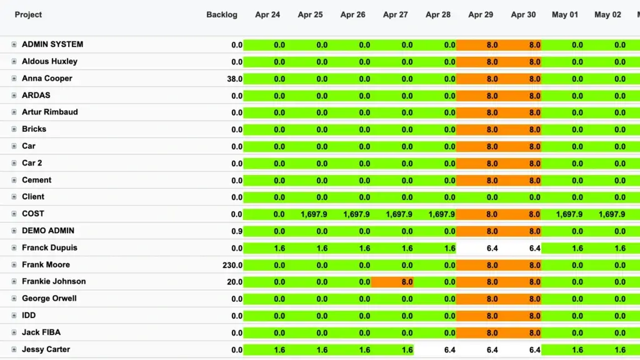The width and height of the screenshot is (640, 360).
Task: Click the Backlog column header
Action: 221,15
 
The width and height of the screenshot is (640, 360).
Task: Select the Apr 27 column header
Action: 395,15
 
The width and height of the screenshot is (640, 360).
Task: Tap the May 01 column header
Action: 564,15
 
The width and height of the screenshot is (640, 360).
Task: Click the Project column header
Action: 28,15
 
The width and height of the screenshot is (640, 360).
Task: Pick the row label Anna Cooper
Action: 47,79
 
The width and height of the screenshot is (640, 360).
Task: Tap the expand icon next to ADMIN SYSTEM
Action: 14,45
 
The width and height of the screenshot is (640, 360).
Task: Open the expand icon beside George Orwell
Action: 14,299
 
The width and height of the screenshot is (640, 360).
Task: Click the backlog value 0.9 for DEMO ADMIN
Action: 236,231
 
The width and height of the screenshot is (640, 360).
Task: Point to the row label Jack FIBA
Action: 41,332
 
